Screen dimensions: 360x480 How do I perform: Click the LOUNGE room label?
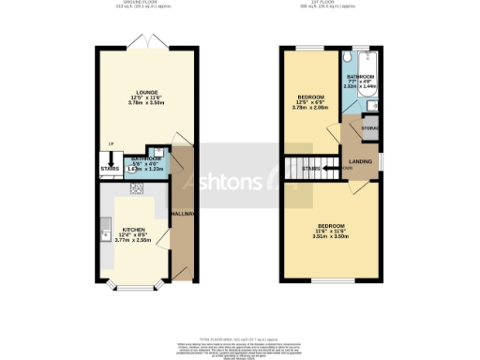point(134,92)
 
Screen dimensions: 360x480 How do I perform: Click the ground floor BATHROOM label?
point(145,158)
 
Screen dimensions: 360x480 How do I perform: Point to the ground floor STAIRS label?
point(110,169)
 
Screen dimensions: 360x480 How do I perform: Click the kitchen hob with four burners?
point(137,189)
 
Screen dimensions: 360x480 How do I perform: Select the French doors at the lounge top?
point(152,47)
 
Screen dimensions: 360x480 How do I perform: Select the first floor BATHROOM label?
point(360,76)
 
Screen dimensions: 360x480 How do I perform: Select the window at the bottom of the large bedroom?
point(332,280)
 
